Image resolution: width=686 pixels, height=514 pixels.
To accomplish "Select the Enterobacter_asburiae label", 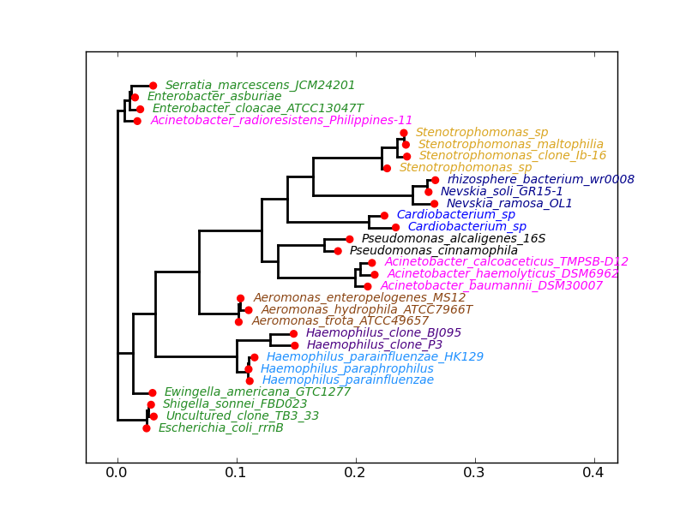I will point(214,97).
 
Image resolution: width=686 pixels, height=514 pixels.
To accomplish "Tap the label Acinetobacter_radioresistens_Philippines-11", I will point(281,121).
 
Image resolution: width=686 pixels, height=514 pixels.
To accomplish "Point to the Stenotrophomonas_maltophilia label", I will point(510,145).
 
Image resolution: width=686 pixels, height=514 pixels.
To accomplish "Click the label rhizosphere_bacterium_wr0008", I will point(540,180).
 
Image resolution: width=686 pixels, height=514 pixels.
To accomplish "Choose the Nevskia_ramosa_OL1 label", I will point(508,204).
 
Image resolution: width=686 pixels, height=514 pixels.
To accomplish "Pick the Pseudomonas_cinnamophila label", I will point(433,251).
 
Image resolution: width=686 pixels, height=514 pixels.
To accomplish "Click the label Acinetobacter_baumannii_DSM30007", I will point(491,286).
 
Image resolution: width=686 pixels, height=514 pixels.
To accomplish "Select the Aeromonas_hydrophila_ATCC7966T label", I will point(366,310).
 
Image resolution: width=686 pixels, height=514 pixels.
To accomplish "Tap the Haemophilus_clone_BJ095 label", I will point(383,333).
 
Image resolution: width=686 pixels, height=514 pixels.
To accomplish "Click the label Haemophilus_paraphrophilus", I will point(346,369).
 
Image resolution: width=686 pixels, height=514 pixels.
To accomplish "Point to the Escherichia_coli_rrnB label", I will point(220,428).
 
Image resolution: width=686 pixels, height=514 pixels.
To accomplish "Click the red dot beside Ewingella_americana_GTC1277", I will point(153,393).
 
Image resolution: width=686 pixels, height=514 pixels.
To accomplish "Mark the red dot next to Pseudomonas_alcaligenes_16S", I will point(349,240).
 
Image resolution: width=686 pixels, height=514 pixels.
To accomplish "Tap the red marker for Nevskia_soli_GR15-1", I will point(429,192).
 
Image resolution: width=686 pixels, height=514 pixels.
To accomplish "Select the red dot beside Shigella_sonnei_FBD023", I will point(151,404).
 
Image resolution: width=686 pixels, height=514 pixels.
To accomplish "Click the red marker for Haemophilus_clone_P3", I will point(295,345).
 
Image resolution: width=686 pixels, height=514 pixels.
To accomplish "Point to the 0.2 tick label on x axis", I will point(355,473).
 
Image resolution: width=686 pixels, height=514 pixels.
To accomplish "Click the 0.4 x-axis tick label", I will point(593,473).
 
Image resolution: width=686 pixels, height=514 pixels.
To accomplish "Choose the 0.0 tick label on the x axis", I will point(117,473).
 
